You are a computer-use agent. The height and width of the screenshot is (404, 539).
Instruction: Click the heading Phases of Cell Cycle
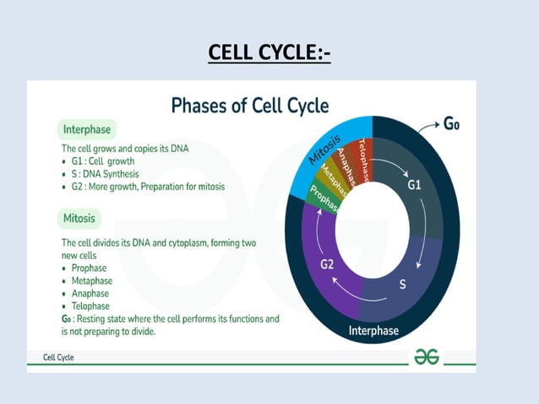pyautogui.click(x=250, y=106)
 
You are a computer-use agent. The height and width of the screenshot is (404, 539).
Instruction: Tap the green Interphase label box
pyautogui.click(x=88, y=130)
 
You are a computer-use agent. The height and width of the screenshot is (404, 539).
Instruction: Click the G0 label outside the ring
pyautogui.click(x=452, y=124)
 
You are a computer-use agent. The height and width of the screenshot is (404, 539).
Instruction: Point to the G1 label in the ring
pyautogui.click(x=414, y=184)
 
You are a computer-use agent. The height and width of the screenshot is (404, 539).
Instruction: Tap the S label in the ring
pyautogui.click(x=402, y=284)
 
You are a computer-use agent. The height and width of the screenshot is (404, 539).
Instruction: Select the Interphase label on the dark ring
pyautogui.click(x=373, y=330)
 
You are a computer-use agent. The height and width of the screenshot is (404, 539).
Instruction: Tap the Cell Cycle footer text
pyautogui.click(x=59, y=358)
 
